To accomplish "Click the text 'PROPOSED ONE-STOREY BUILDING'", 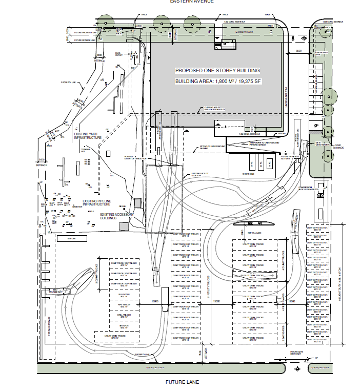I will click(x=217, y=70).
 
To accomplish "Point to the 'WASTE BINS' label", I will click(x=249, y=174).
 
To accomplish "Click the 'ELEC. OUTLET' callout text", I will click(x=119, y=54).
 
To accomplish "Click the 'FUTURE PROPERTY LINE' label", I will click(x=86, y=33).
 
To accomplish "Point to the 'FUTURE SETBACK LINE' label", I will click(x=86, y=40).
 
